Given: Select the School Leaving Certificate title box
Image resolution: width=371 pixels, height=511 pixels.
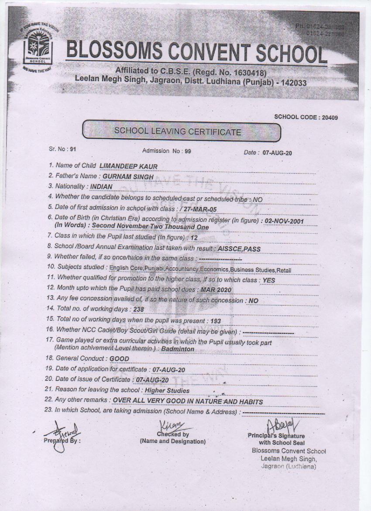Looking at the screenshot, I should click(180, 131).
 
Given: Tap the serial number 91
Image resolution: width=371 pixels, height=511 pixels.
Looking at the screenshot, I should click(72, 149).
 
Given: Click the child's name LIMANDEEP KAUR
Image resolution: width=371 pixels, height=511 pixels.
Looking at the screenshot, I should click(128, 166).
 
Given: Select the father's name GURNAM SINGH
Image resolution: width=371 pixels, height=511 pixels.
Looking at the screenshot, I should click(125, 176).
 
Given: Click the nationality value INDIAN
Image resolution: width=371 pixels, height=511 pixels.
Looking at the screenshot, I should click(101, 186).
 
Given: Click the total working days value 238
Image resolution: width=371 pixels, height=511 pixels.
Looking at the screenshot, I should click(139, 310).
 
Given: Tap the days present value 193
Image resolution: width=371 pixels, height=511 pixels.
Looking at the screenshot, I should click(216, 321).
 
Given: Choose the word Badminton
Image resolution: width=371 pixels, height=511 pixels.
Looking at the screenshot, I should click(178, 349).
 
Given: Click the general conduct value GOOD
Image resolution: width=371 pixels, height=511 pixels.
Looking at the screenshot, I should click(119, 359).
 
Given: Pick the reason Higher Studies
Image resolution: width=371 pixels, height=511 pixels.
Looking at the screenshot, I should click(167, 390).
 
